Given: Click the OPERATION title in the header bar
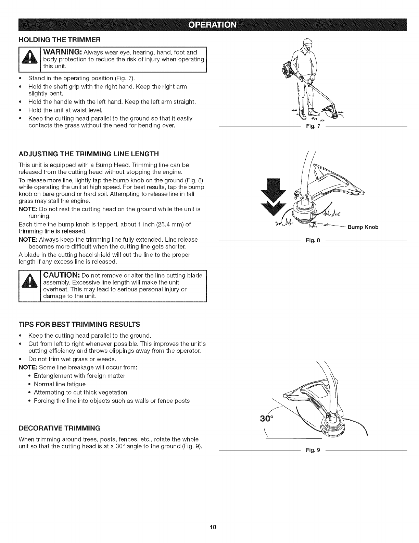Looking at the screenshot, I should click(x=209, y=25).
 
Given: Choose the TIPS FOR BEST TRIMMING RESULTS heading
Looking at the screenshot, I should click(x=79, y=324).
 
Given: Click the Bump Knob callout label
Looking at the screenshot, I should click(x=363, y=227).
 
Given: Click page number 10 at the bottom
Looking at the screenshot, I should click(x=209, y=527).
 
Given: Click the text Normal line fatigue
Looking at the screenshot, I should click(x=60, y=384).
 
